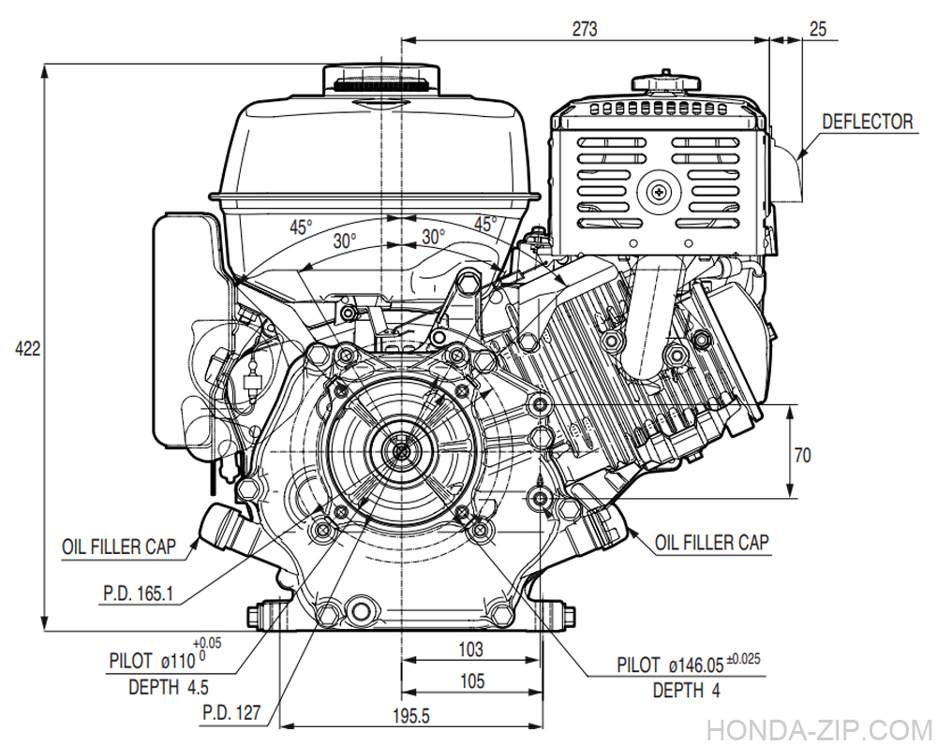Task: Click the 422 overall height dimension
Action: point(27,349)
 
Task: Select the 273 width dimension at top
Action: point(584,29)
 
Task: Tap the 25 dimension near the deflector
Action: point(817,29)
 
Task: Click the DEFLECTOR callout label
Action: point(867,122)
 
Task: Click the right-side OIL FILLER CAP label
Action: point(712,542)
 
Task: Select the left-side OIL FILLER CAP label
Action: point(119,548)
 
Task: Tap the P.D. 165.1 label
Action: point(138,592)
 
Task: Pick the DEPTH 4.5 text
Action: point(169,687)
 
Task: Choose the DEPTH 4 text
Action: point(687,691)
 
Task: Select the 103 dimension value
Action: point(471,650)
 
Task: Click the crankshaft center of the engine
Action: point(401,449)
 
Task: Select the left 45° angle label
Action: point(299,226)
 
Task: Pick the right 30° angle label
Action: point(431,237)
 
